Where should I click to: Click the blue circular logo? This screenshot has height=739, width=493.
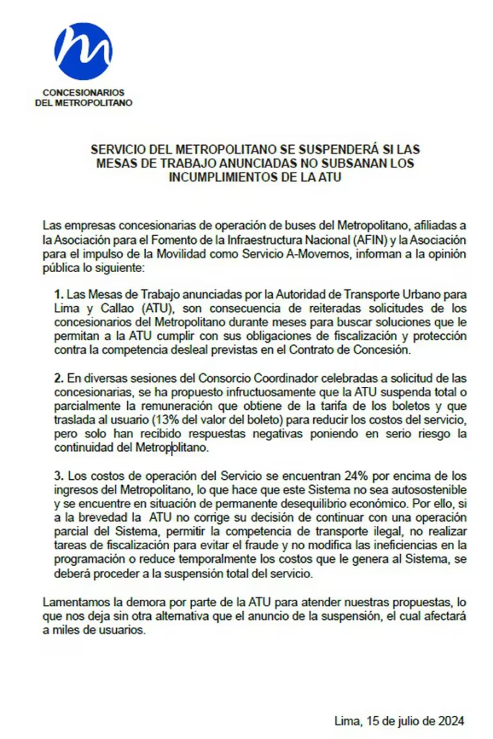click(83, 51)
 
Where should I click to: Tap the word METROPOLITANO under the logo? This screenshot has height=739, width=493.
click(99, 102)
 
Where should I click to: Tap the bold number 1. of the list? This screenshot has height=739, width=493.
click(59, 295)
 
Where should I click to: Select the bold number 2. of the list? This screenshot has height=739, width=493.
click(59, 379)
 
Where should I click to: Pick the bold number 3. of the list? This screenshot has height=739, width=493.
click(59, 476)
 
